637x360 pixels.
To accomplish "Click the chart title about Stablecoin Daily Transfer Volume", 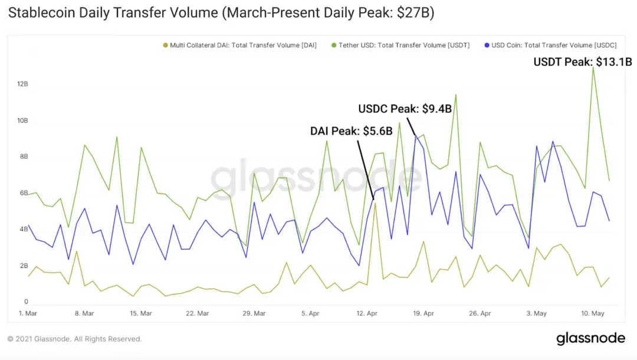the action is [x=221, y=12].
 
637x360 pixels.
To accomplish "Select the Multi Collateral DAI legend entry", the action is [x=239, y=45].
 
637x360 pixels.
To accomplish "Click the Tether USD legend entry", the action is [x=400, y=45].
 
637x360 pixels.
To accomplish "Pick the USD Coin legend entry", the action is [x=550, y=45].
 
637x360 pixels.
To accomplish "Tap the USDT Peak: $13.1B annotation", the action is [x=583, y=62].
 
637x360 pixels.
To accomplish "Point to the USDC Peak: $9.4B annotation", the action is [x=405, y=109].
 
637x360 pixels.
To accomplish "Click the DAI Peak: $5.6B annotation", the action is [x=352, y=131].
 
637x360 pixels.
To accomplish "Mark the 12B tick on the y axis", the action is [x=22, y=84].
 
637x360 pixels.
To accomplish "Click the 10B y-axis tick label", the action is [x=22, y=120].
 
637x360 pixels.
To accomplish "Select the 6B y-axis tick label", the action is [x=24, y=193].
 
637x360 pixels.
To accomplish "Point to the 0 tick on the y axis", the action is [x=26, y=302].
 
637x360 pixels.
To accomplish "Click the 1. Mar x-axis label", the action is [x=28, y=313].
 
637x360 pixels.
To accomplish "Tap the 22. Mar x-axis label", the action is [x=198, y=313].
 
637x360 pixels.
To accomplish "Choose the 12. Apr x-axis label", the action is [x=367, y=313].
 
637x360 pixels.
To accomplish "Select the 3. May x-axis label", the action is [x=536, y=313].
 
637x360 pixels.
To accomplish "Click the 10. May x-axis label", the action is [x=593, y=313].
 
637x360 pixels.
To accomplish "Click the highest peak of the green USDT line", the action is [x=593, y=68].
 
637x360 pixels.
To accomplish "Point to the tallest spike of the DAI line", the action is [x=375, y=204].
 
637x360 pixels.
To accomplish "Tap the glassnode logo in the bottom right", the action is [x=590, y=338].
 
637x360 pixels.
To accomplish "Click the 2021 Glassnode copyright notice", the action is [x=75, y=339].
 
